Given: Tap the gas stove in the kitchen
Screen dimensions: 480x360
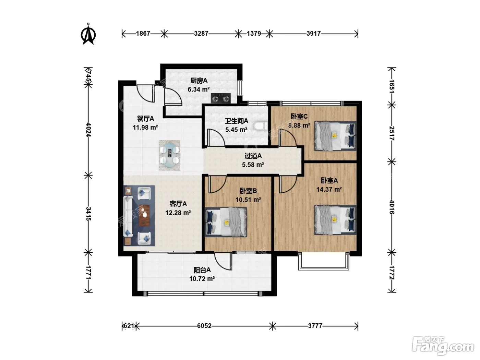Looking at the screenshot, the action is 221,98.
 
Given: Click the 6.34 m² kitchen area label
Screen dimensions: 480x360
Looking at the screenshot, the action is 199,89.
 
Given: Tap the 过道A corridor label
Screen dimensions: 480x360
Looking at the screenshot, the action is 253,156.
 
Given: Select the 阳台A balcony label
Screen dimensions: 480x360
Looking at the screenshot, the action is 202,270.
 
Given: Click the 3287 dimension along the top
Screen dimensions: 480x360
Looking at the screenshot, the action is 201,34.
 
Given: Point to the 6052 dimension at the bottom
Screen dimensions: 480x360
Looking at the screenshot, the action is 204,326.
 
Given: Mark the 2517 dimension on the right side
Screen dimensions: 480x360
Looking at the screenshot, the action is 392,133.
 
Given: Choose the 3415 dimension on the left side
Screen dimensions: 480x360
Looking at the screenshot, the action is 88,214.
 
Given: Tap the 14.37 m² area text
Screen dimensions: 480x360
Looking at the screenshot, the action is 329,189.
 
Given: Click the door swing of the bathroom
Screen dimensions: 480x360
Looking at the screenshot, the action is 216,137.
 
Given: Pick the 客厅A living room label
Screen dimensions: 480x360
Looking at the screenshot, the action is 178,204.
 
